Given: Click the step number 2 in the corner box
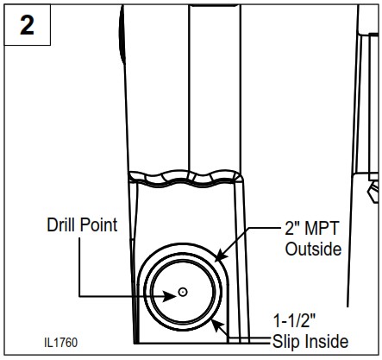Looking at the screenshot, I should pyautogui.click(x=28, y=25).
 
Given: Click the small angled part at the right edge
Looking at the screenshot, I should pyautogui.click(x=373, y=189).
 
